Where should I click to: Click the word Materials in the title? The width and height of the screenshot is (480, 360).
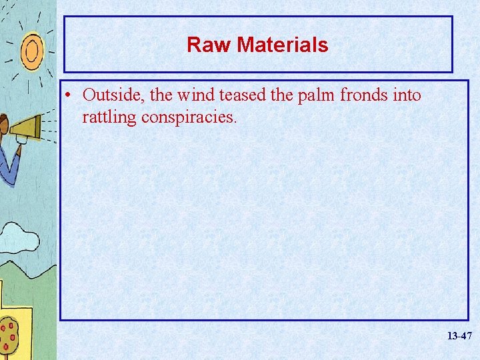click(283, 45)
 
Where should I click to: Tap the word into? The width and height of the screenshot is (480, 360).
click(407, 95)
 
